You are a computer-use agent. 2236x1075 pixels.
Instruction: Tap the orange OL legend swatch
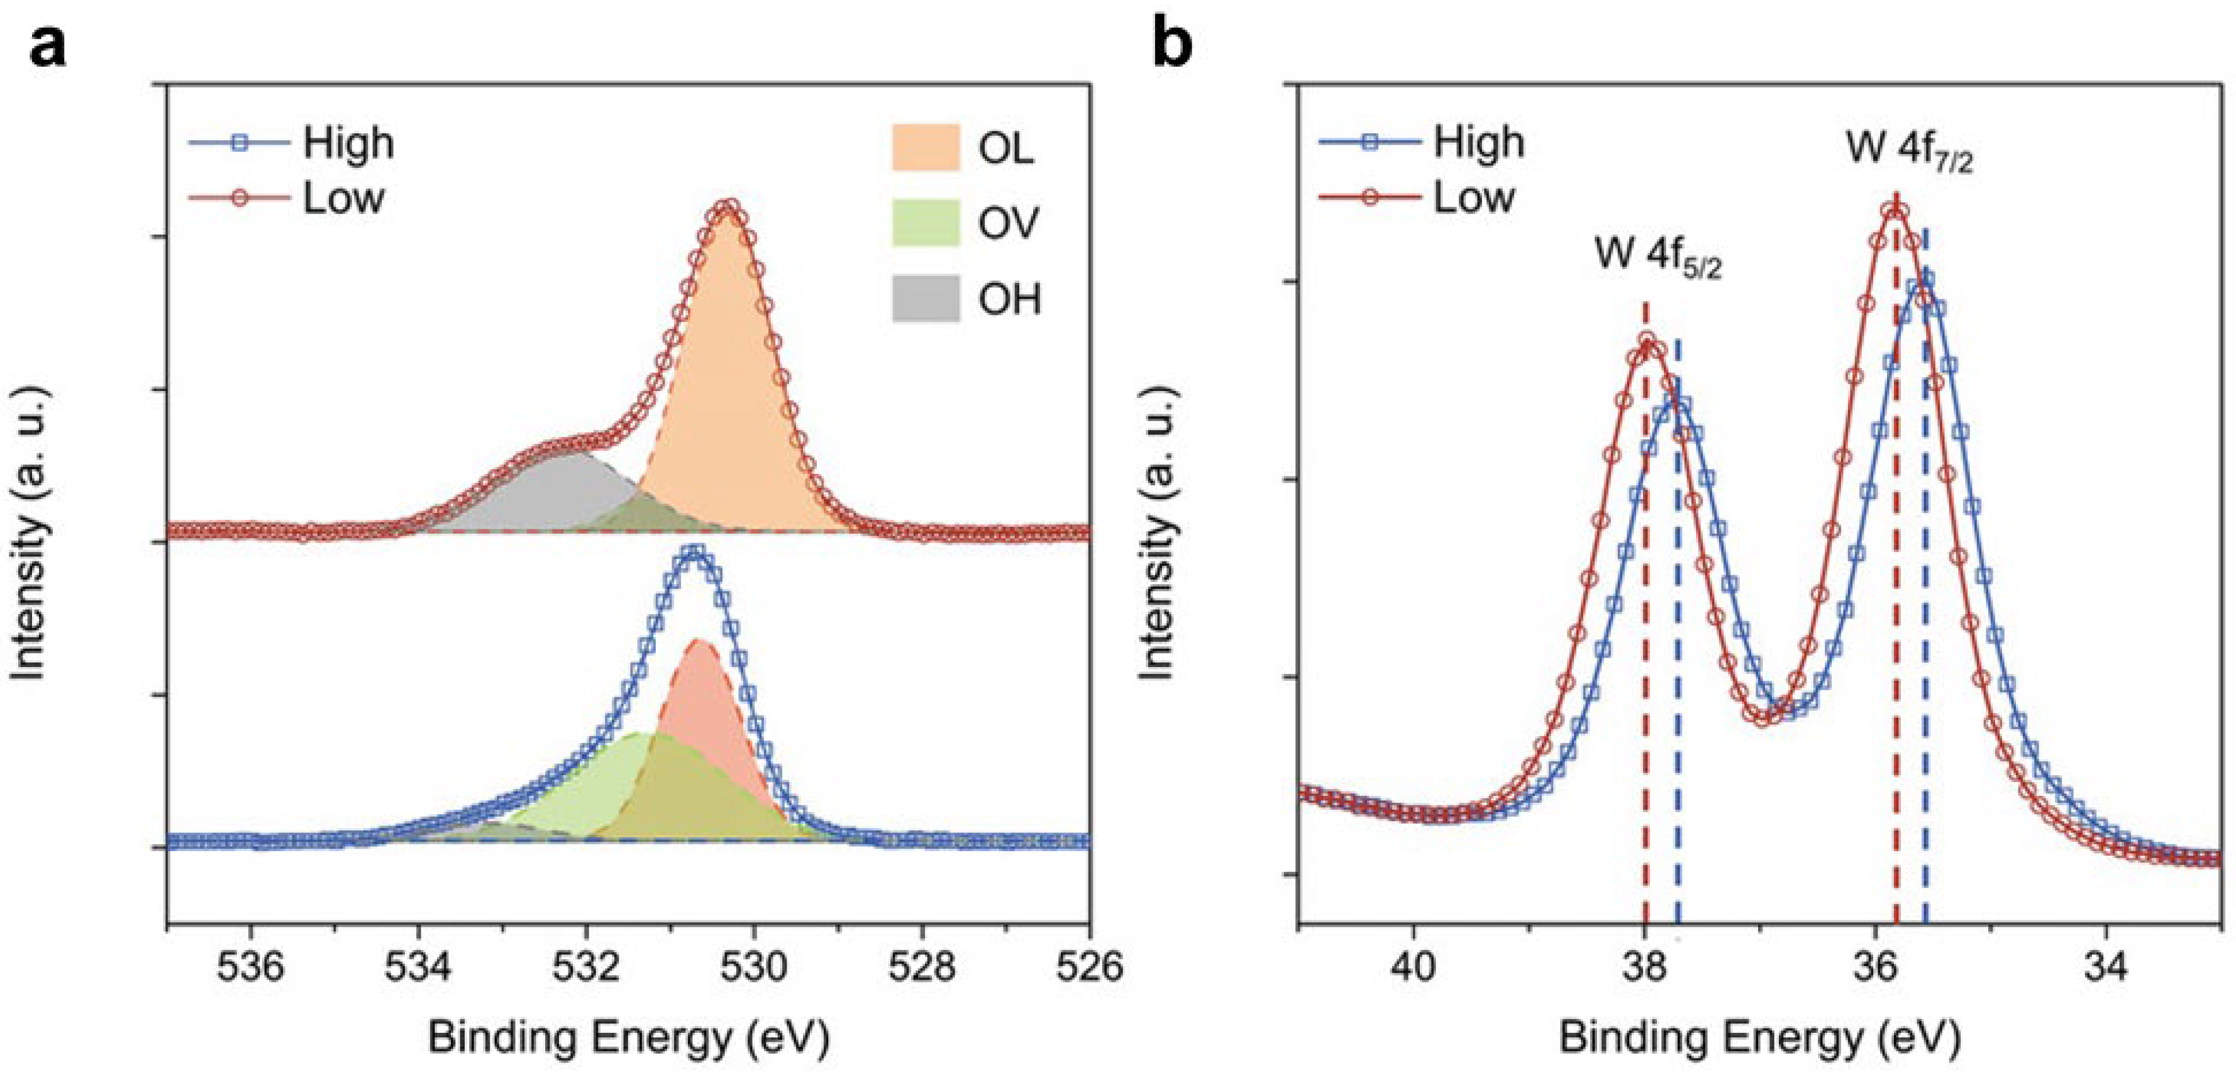[926, 148]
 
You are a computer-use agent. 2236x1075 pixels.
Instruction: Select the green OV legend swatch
[926, 223]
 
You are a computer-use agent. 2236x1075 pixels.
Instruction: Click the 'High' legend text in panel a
[347, 143]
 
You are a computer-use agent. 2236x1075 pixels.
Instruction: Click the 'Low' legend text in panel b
[1473, 198]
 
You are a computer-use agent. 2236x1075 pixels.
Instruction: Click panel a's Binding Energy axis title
[628, 1038]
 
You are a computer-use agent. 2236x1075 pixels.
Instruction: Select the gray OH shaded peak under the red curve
[547, 495]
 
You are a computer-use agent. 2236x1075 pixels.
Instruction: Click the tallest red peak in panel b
[1896, 210]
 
